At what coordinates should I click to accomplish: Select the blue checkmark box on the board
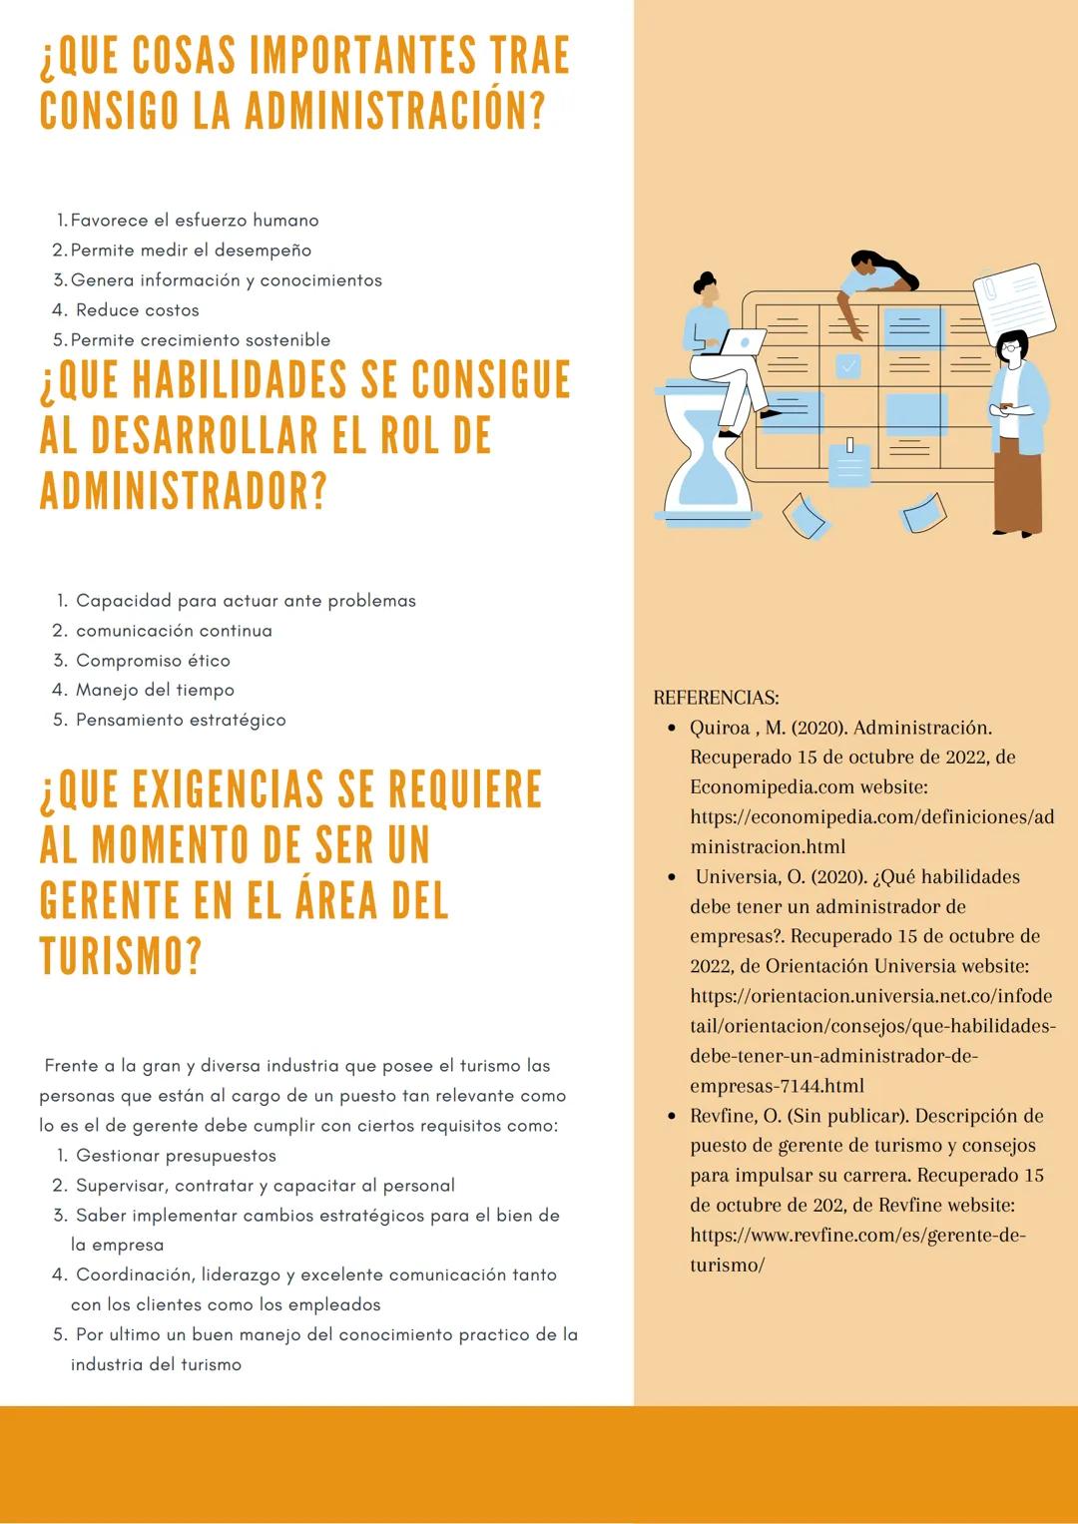click(848, 366)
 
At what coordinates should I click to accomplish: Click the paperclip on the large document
click(991, 289)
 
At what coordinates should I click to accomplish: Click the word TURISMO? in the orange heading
click(121, 956)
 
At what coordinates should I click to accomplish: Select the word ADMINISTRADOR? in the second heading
click(184, 491)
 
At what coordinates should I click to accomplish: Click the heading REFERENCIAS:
click(716, 698)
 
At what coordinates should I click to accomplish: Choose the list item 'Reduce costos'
click(137, 310)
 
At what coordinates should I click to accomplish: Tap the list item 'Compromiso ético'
click(153, 661)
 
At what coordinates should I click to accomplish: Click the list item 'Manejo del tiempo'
click(155, 691)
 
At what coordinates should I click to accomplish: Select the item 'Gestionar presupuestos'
click(176, 1156)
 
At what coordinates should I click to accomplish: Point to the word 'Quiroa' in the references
click(719, 728)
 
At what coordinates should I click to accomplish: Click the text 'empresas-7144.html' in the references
click(777, 1086)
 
